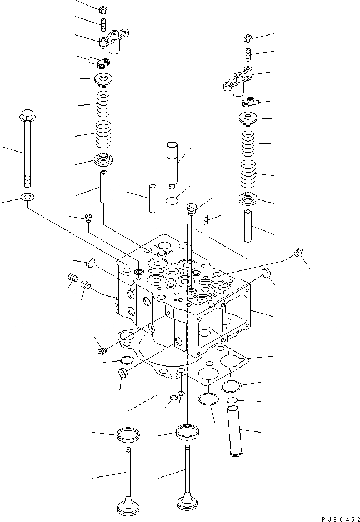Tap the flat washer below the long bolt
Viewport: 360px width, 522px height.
tap(26, 198)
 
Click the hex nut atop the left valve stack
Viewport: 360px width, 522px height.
tap(102, 10)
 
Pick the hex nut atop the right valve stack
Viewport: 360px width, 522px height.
tap(248, 38)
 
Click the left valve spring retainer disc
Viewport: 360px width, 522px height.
tap(102, 79)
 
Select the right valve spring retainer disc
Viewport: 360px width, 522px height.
tap(248, 118)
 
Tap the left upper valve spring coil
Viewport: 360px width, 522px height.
tap(102, 103)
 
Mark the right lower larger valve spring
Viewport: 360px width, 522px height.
tap(249, 174)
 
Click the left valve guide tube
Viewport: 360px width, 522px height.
tap(104, 188)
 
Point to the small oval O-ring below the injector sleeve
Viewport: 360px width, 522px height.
tap(173, 200)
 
